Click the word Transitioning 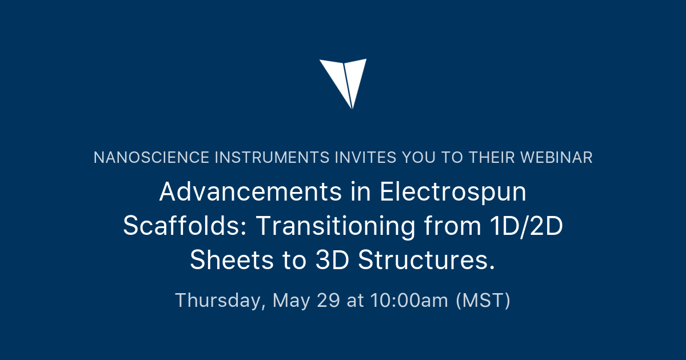tap(336, 226)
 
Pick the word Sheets tap(232, 261)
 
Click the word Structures tap(426, 261)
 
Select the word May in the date tap(292, 300)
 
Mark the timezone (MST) tap(483, 300)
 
